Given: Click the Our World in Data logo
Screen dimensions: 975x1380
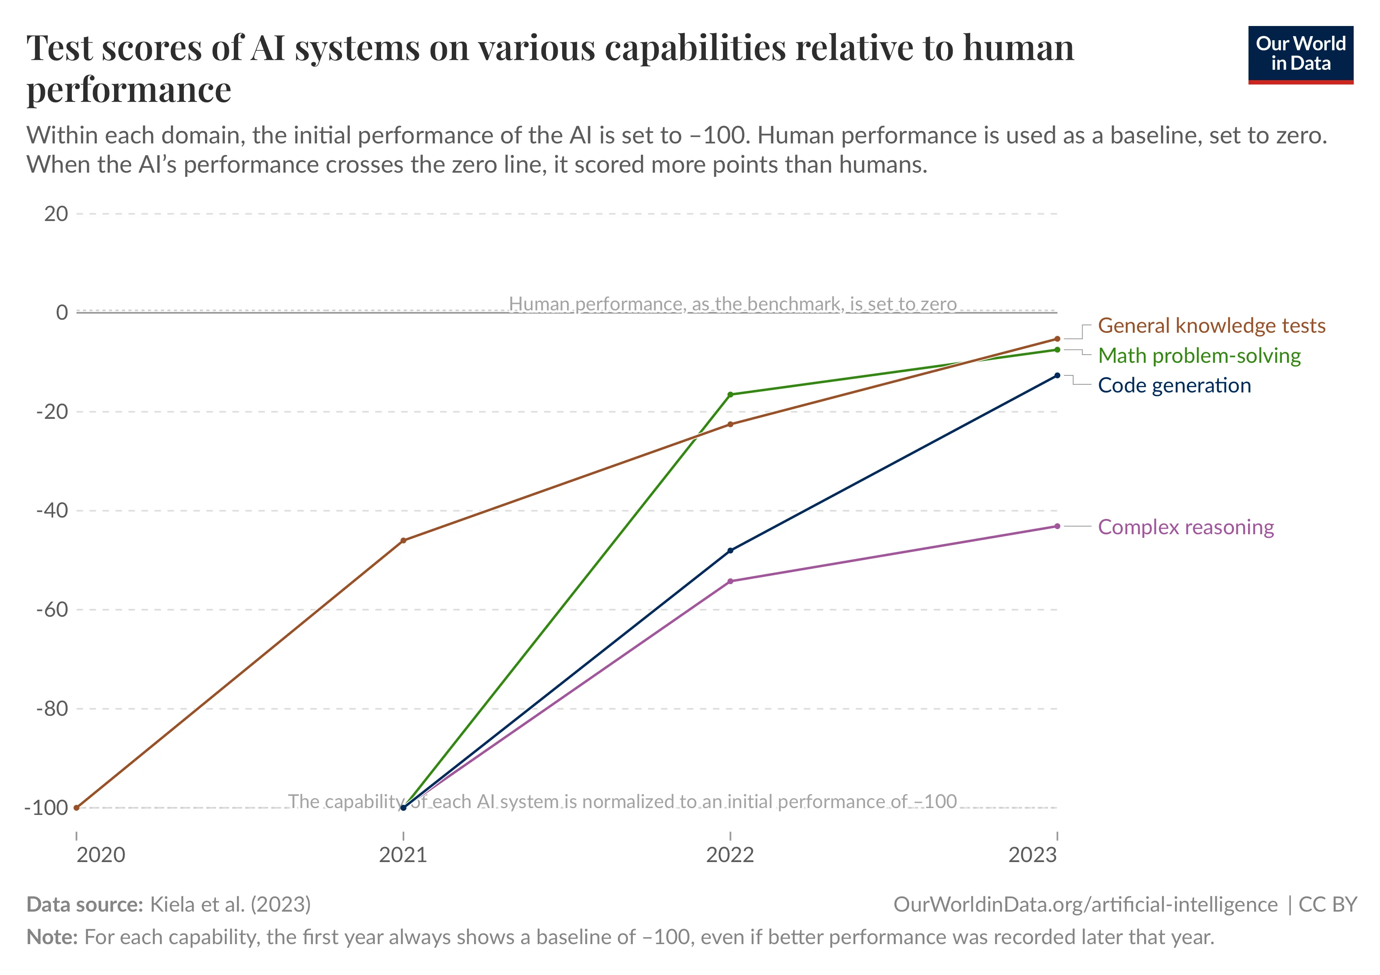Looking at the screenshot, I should coord(1300,54).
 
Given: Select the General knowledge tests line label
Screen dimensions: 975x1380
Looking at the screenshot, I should coord(1211,325).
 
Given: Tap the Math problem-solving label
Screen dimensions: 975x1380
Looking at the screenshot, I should coord(1199,355).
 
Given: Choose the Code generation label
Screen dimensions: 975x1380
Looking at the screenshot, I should coord(1174,386).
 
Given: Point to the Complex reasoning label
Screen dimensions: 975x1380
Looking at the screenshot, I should coord(1185,527).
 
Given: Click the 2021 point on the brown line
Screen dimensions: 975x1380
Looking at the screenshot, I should coord(403,541).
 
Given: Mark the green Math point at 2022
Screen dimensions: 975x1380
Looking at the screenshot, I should coord(730,394).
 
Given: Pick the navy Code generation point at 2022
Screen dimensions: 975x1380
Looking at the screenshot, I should coord(730,550).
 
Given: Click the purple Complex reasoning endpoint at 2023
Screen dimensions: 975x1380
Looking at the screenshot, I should coord(1057,526).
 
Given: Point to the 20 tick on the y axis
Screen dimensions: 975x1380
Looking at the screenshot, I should coord(56,214).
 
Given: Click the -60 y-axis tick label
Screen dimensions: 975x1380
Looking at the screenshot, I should coord(52,609).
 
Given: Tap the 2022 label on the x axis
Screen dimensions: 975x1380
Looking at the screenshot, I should coord(730,855).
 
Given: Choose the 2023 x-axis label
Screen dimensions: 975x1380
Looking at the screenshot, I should coord(1032,855).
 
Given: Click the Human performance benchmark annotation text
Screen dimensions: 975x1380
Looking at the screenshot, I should coord(732,304).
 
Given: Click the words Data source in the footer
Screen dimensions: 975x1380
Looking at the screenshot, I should coord(84,905).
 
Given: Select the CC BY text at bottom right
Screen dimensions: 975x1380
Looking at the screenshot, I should coord(1327,905).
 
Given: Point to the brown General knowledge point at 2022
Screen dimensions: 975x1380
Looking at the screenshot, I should coord(730,424).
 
